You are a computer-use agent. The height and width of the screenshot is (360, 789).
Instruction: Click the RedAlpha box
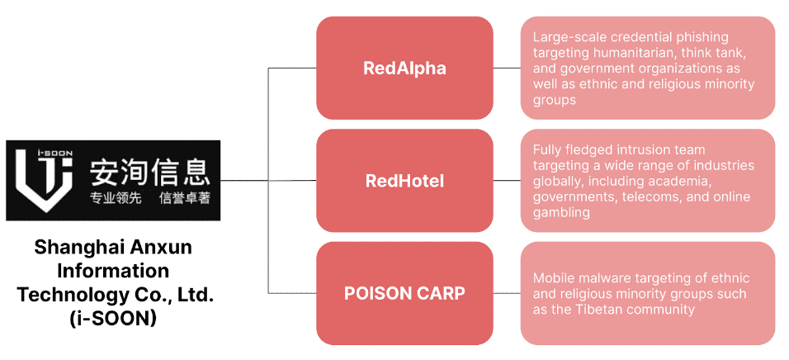pos(404,68)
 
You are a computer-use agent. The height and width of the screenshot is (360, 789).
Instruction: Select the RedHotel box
pos(404,180)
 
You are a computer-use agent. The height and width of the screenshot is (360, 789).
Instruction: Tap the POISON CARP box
pos(404,292)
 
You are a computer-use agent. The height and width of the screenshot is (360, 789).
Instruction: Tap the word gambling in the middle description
pos(561,212)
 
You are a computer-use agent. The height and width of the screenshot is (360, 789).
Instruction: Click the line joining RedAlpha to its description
pos(507,68)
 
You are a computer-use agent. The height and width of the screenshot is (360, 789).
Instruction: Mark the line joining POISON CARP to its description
pos(507,292)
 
